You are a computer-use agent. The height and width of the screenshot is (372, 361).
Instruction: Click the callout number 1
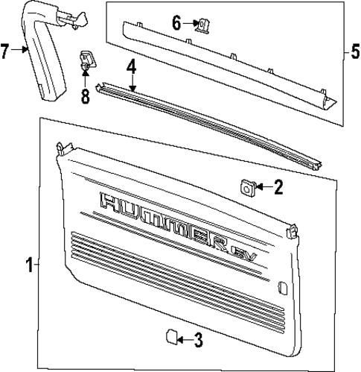point(29,265)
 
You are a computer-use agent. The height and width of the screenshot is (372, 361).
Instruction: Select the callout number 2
point(278,187)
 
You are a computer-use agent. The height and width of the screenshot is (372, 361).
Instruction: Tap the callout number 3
point(198,341)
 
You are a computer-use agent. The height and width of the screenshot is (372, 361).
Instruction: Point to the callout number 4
point(131,67)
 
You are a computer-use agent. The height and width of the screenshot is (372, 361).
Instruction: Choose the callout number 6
point(176,24)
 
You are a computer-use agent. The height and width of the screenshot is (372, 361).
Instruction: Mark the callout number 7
point(6,51)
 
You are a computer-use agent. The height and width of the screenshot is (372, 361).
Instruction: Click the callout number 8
point(85,96)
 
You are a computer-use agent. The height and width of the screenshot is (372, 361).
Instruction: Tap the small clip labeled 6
point(199,25)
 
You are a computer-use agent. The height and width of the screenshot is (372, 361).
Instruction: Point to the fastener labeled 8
point(86,63)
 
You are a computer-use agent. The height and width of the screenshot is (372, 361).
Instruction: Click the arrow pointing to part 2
point(262,187)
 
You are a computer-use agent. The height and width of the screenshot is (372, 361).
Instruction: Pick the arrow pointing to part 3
point(184,341)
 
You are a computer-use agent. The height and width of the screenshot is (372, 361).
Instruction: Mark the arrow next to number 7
point(22,51)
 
